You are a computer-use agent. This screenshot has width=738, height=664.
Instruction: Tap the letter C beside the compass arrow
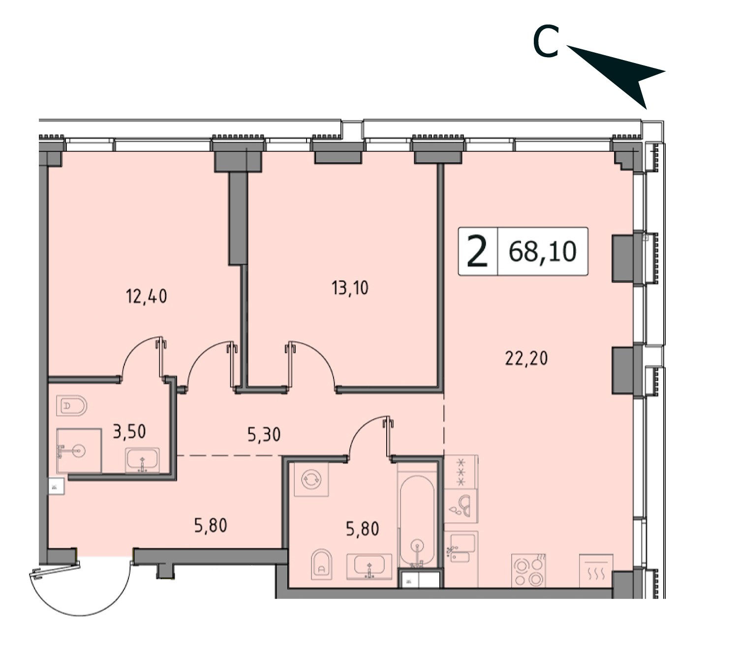pos(546,42)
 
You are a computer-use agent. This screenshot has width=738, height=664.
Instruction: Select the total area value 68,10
pos(542,252)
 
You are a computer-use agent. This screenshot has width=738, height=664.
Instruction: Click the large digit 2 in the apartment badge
pos(477,252)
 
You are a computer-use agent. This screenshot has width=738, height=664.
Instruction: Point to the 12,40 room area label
pos(147,296)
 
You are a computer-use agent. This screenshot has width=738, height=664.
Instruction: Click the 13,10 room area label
pos(350,288)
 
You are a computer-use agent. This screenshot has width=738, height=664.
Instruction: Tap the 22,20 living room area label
pos(526,358)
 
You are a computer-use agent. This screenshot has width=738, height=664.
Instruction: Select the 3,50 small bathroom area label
pos(129,432)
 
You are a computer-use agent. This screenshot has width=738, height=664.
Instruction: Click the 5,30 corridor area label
pos(264,435)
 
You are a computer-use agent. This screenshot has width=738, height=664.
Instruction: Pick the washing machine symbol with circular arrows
pos(311,479)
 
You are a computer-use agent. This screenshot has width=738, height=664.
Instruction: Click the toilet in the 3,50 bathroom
pos(72,406)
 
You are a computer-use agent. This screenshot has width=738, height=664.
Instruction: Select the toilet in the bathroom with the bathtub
pos(322,565)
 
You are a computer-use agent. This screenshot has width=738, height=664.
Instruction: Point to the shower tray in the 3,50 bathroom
pos(79,451)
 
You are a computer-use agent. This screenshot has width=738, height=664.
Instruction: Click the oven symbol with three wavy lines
pos(596,571)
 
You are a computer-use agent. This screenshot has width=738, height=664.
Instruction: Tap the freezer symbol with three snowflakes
pos(461,472)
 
